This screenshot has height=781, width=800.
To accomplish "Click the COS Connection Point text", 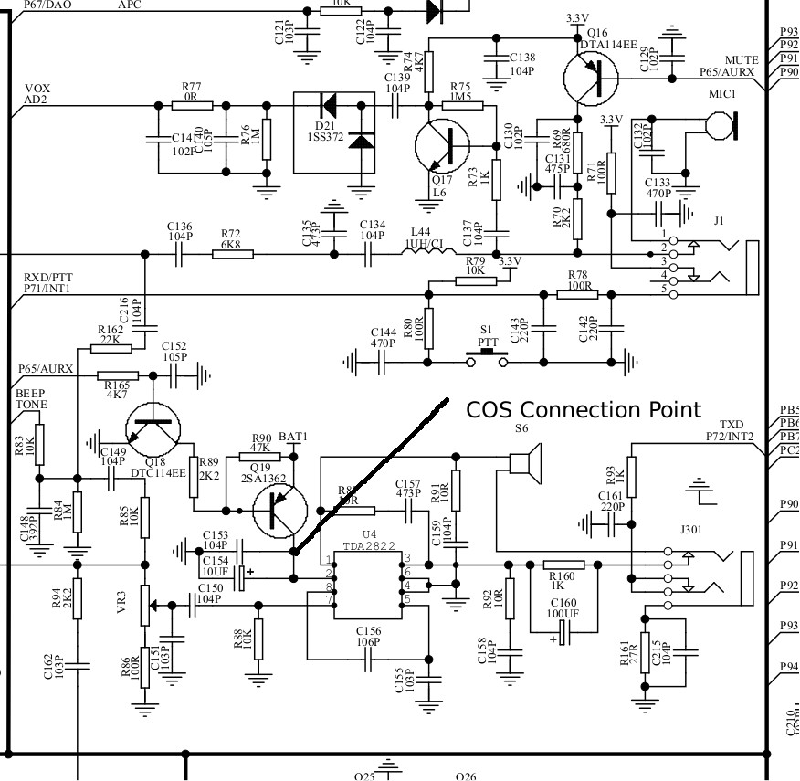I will click(x=584, y=409).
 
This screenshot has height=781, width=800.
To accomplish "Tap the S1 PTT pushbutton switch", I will click(x=487, y=358).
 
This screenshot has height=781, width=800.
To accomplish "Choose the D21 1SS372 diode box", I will click(x=333, y=132).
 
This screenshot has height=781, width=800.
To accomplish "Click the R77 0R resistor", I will click(x=192, y=105).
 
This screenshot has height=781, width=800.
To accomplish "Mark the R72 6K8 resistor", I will click(x=233, y=253).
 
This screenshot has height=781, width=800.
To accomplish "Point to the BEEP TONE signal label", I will click(x=31, y=398).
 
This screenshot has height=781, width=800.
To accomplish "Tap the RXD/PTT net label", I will click(x=47, y=278).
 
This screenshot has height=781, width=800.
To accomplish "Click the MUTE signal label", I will click(x=741, y=60).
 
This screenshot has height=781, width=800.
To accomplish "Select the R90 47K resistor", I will click(x=259, y=456).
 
